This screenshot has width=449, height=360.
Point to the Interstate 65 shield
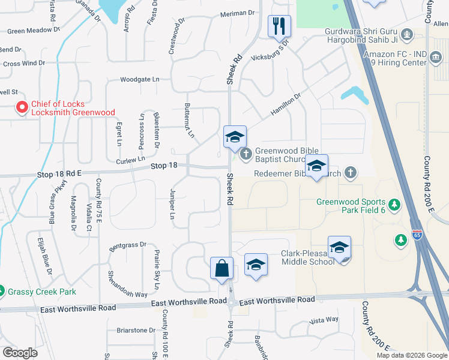[417, 234]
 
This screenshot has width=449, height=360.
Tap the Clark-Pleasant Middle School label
[308, 257]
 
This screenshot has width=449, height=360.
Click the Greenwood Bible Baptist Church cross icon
[246, 155]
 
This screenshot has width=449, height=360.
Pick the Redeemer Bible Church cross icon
[351, 173]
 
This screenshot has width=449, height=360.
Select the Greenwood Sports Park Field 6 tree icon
[394, 206]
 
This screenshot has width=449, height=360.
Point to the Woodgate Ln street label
[140, 79]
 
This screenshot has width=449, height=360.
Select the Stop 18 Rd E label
[57, 173]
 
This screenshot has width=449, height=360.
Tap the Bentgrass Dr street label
[128, 245]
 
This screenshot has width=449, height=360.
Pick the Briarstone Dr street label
[136, 330]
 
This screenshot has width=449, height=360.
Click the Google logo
[20, 353]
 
